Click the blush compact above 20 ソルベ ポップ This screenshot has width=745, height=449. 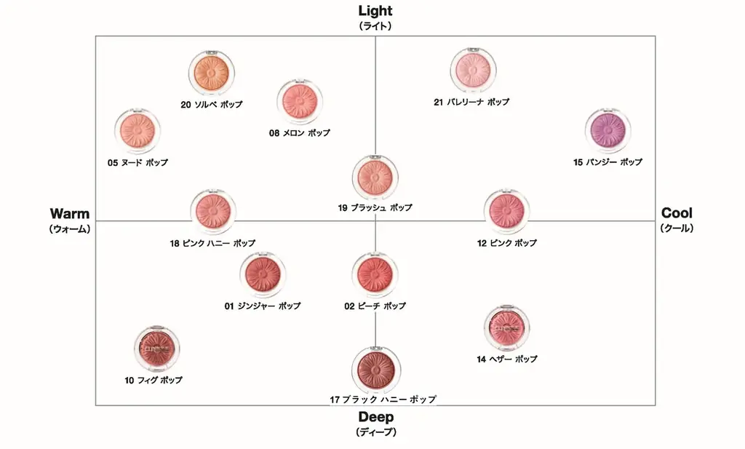(x=211, y=72)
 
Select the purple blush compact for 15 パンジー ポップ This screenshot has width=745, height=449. (x=607, y=131)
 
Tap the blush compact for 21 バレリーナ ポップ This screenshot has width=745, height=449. (x=472, y=71)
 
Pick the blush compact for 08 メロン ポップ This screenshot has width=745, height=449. (x=300, y=103)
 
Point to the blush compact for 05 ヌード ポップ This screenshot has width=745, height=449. (x=138, y=131)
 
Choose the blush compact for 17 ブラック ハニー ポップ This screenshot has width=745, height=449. (x=375, y=368)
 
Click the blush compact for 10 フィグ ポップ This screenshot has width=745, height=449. (x=156, y=349)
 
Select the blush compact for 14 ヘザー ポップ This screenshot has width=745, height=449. (x=506, y=328)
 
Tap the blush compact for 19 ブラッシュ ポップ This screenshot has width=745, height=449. (x=375, y=178)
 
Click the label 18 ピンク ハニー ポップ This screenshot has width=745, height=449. (x=212, y=244)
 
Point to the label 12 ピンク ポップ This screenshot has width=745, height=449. (x=507, y=243)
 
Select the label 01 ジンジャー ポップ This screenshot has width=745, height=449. (x=262, y=306)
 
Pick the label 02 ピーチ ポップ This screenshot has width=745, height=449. (x=375, y=306)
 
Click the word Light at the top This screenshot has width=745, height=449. (x=375, y=10)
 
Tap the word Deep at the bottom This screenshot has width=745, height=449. (x=375, y=417)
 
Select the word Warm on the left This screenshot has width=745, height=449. (x=70, y=213)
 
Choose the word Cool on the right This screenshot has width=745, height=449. (x=677, y=213)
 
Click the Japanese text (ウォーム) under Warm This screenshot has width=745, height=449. (x=70, y=229)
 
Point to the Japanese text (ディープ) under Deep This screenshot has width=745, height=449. (x=375, y=432)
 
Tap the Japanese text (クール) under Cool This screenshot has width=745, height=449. (x=677, y=228)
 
